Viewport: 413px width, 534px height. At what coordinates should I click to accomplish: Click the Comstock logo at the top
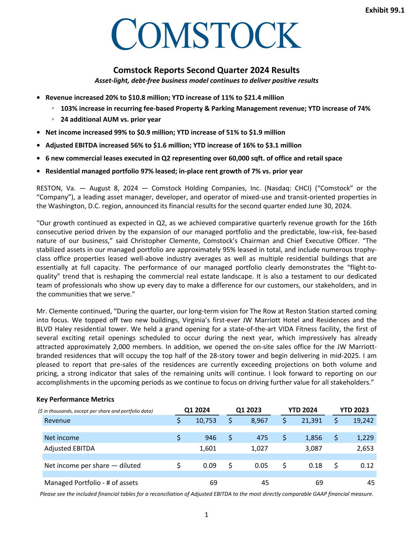[206, 34]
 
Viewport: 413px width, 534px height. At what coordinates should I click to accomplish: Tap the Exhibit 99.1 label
[384, 11]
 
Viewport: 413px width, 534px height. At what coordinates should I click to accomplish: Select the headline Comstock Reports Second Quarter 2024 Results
[206, 70]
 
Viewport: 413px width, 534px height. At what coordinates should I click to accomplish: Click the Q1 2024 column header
[197, 410]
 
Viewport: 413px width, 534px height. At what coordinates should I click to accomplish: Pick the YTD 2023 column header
[354, 410]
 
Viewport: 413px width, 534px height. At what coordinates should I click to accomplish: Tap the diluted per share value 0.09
[209, 466]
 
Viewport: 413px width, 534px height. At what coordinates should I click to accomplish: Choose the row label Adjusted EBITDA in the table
[69, 448]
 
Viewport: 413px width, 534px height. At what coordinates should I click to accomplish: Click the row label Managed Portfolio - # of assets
[91, 483]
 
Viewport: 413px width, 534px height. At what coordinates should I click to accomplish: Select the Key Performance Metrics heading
[75, 399]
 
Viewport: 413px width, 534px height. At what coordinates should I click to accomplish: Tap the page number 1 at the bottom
[206, 515]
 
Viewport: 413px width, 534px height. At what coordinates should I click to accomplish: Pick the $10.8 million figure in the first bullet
[148, 97]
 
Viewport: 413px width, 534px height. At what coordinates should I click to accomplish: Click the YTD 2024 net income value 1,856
[313, 438]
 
